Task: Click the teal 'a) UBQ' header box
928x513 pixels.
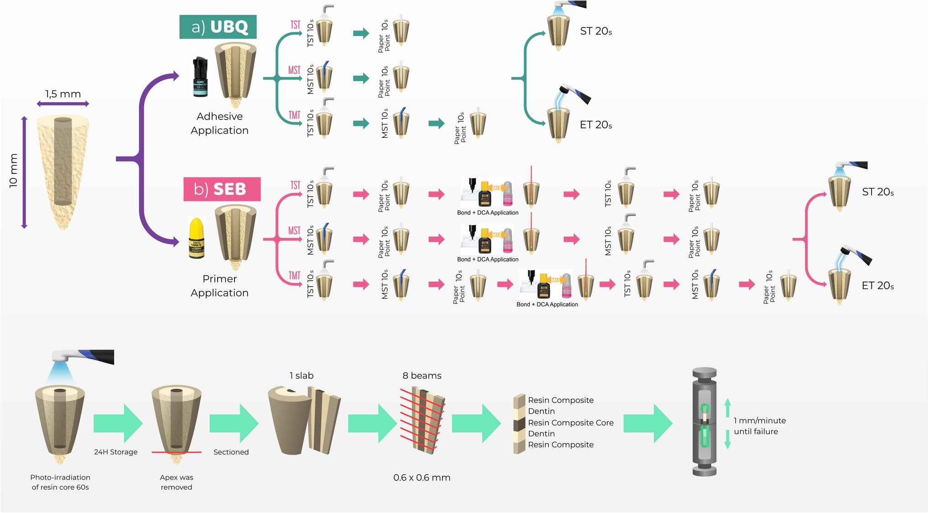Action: click(x=218, y=27)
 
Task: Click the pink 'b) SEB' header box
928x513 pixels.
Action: click(x=222, y=189)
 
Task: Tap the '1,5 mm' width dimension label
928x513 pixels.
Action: click(x=63, y=94)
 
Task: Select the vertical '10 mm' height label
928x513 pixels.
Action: click(x=13, y=170)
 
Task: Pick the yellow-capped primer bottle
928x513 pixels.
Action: click(x=197, y=238)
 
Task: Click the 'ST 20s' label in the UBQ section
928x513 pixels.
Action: click(x=596, y=31)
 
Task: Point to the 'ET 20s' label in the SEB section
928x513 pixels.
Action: click(x=877, y=286)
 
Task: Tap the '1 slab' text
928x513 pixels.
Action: click(x=302, y=376)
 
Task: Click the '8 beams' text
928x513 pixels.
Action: click(x=422, y=376)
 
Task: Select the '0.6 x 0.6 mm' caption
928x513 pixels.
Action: click(x=422, y=477)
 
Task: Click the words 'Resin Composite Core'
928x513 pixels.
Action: click(x=570, y=423)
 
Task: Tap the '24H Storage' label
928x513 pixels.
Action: click(x=115, y=452)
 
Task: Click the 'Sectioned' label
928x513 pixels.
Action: click(x=231, y=452)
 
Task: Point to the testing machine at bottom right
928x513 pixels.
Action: click(x=704, y=422)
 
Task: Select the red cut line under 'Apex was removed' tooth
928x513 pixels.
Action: click(x=177, y=452)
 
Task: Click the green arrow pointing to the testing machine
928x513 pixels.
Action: click(x=647, y=423)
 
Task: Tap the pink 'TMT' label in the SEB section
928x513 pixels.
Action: click(x=294, y=276)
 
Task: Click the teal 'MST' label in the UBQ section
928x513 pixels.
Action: click(x=294, y=70)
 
